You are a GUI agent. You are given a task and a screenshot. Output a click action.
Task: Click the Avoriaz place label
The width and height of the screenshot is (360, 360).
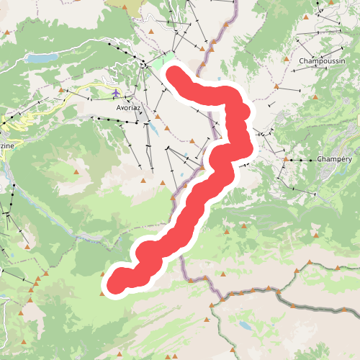point(130,107)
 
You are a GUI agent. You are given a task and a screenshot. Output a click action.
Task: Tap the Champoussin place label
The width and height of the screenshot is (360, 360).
point(322,61)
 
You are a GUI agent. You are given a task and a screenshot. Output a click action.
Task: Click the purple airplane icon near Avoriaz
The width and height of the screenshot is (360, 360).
point(116,93)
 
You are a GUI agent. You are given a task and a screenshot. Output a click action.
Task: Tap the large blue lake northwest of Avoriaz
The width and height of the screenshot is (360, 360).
point(42,58)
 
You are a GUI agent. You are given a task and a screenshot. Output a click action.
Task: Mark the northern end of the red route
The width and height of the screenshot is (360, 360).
point(175,73)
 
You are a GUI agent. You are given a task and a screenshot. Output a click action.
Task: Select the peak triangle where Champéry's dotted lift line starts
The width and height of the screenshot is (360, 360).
point(287,158)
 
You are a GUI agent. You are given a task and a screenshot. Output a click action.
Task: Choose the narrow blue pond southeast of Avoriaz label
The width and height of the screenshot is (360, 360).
point(154,130)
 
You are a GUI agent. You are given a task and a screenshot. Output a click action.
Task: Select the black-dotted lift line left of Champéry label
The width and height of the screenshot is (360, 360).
point(302,158)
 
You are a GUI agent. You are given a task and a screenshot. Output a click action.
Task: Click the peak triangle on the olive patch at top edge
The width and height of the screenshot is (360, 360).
point(125,8)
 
